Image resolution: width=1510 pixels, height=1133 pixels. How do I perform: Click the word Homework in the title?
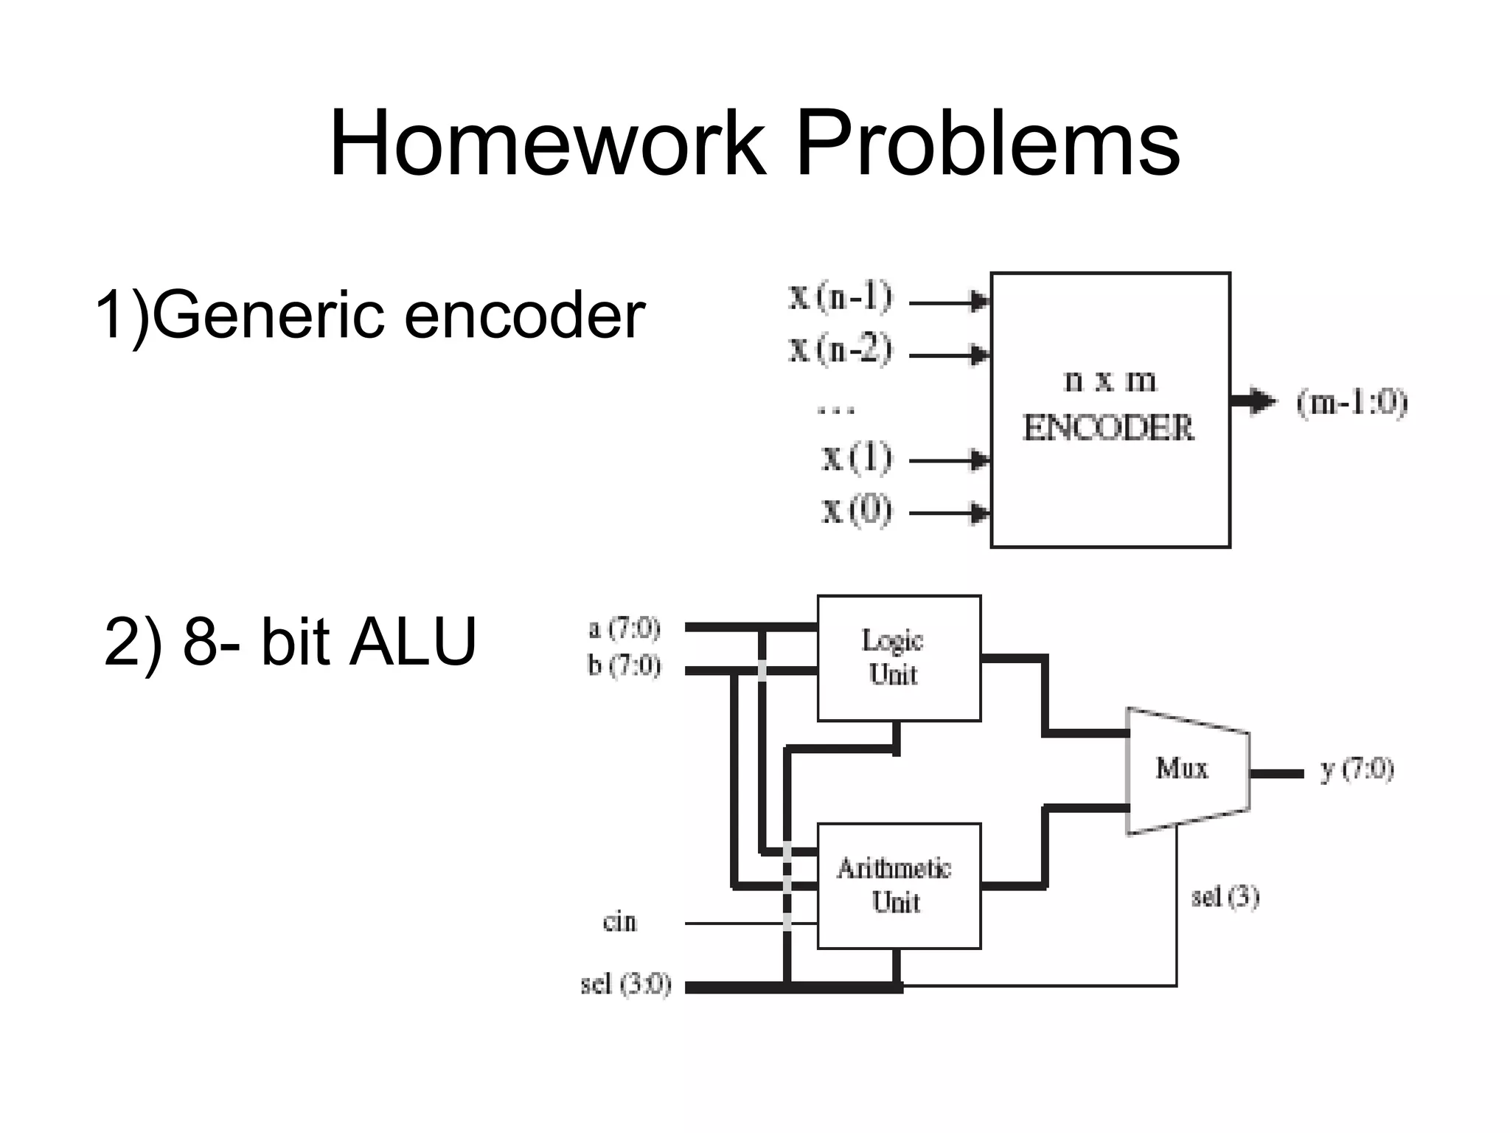(x=547, y=143)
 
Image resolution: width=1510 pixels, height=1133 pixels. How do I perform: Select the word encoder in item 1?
(x=524, y=316)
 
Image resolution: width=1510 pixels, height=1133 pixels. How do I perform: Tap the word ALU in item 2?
(x=413, y=642)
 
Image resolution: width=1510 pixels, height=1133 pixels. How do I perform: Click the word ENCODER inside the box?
(x=1107, y=428)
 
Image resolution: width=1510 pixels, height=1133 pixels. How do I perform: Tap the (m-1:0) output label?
(x=1352, y=403)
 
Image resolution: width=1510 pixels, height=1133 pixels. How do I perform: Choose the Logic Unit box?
(x=899, y=658)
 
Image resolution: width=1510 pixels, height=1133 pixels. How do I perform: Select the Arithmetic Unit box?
(x=899, y=885)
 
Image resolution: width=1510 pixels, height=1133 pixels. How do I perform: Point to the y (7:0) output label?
(x=1357, y=770)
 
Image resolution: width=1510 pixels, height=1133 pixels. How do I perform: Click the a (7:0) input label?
(x=624, y=628)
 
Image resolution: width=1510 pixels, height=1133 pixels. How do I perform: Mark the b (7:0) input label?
(x=624, y=665)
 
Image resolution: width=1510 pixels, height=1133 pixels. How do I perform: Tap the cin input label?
(x=619, y=922)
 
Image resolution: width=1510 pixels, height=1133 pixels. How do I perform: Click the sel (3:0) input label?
(x=625, y=985)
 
